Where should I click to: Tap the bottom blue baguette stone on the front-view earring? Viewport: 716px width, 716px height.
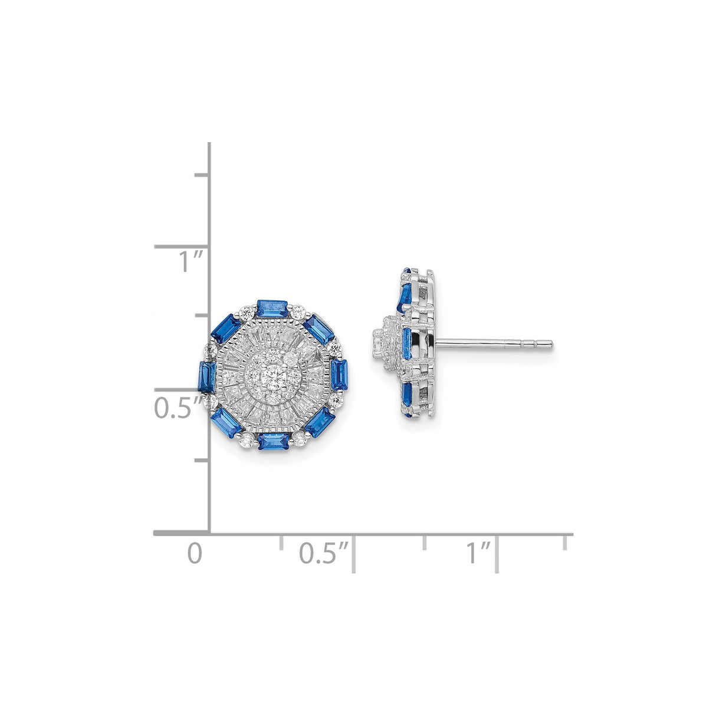click(272, 441)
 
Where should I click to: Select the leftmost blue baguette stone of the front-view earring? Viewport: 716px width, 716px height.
click(206, 376)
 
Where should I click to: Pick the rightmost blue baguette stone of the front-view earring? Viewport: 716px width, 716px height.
click(340, 374)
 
